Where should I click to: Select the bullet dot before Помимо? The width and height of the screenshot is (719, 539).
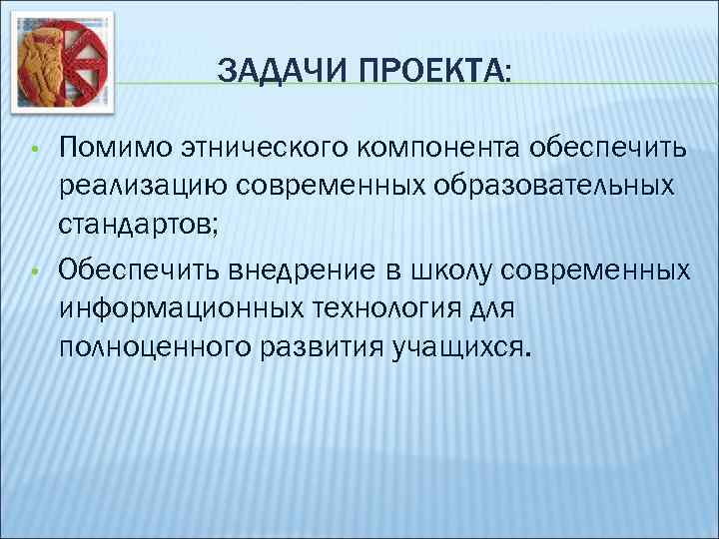point(34,151)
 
